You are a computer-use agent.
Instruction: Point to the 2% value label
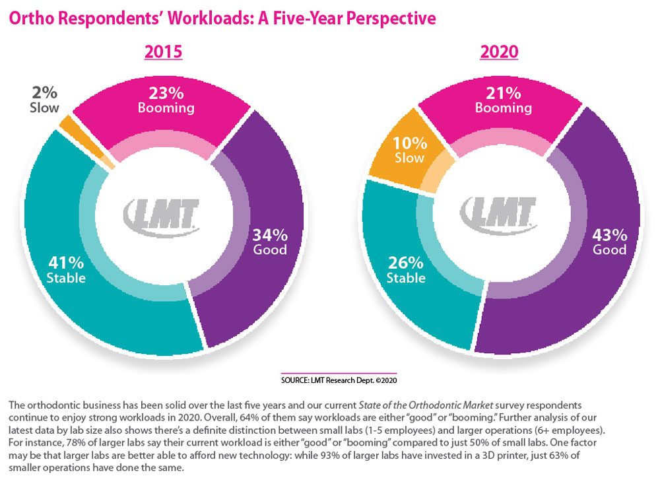click(x=44, y=93)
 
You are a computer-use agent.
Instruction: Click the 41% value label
click(x=65, y=262)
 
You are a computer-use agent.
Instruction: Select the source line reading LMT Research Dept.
click(x=339, y=380)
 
